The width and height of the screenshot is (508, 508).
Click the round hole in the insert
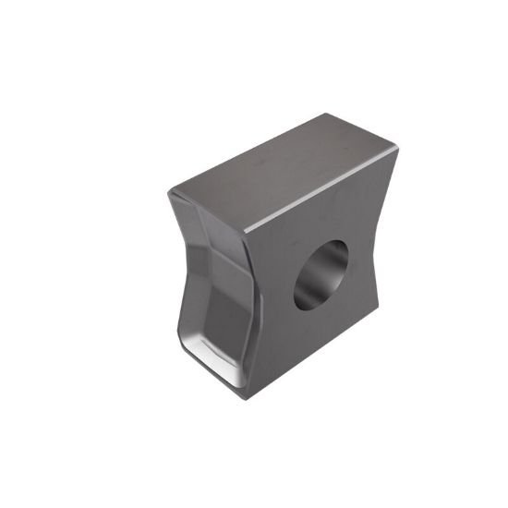[x=321, y=274]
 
